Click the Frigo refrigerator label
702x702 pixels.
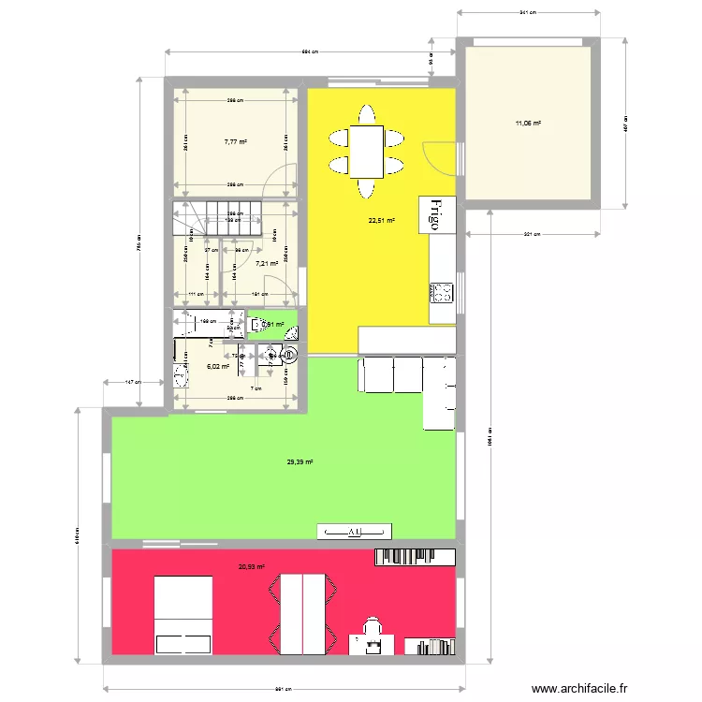[x=436, y=217]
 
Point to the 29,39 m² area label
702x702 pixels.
[x=300, y=461]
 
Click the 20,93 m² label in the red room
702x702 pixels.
[x=252, y=566]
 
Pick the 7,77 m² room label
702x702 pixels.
[x=235, y=142]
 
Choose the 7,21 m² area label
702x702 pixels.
[x=267, y=264]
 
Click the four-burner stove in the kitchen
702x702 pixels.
[x=441, y=293]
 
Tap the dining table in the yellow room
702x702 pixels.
[x=367, y=152]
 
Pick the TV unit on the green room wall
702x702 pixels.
[x=355, y=532]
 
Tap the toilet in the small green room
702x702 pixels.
[x=289, y=331]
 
